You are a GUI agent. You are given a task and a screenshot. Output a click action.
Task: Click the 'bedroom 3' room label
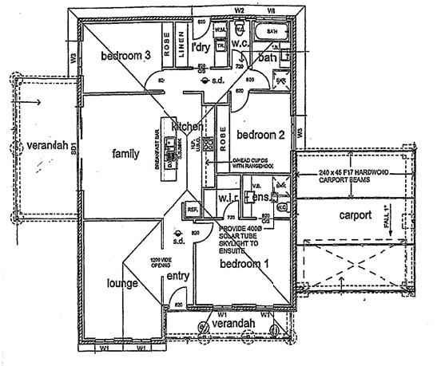point(125,56)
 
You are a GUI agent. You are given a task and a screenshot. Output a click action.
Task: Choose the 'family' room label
point(126,153)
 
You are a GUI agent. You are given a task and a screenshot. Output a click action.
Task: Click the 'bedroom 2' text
point(260,135)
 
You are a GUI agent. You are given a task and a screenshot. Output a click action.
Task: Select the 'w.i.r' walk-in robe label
point(213,196)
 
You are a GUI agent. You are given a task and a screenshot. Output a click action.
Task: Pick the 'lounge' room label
point(124,283)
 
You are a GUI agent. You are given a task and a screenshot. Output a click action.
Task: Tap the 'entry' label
point(177,276)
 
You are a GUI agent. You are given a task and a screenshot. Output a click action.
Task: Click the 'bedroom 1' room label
point(245,263)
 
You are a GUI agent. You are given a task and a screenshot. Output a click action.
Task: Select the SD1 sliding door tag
point(72,148)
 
